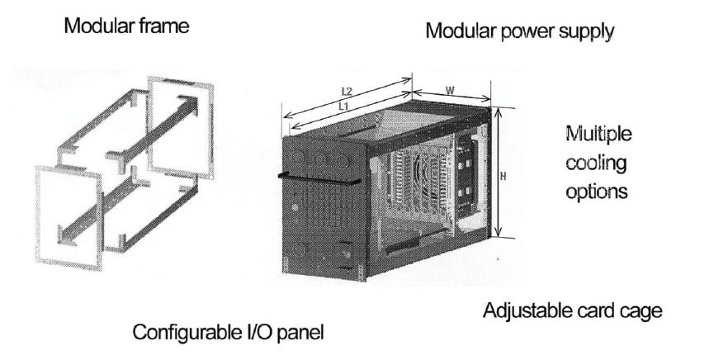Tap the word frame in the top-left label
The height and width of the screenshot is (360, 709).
pyautogui.click(x=163, y=26)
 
